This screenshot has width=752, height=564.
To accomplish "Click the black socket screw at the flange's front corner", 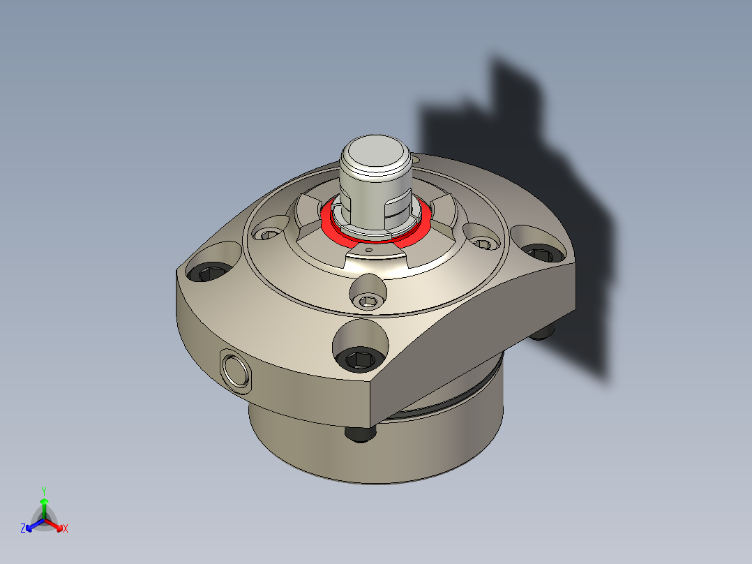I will [x=360, y=359].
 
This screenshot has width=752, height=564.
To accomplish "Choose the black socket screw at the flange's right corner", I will [x=541, y=253].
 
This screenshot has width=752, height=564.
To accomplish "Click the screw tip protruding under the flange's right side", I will [x=543, y=334].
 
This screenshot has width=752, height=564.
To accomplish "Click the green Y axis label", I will [x=43, y=491].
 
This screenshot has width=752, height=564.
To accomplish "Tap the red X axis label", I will [x=66, y=529].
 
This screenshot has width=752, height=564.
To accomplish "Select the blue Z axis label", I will [x=23, y=529].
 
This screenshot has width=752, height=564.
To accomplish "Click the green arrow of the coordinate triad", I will [x=43, y=504].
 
